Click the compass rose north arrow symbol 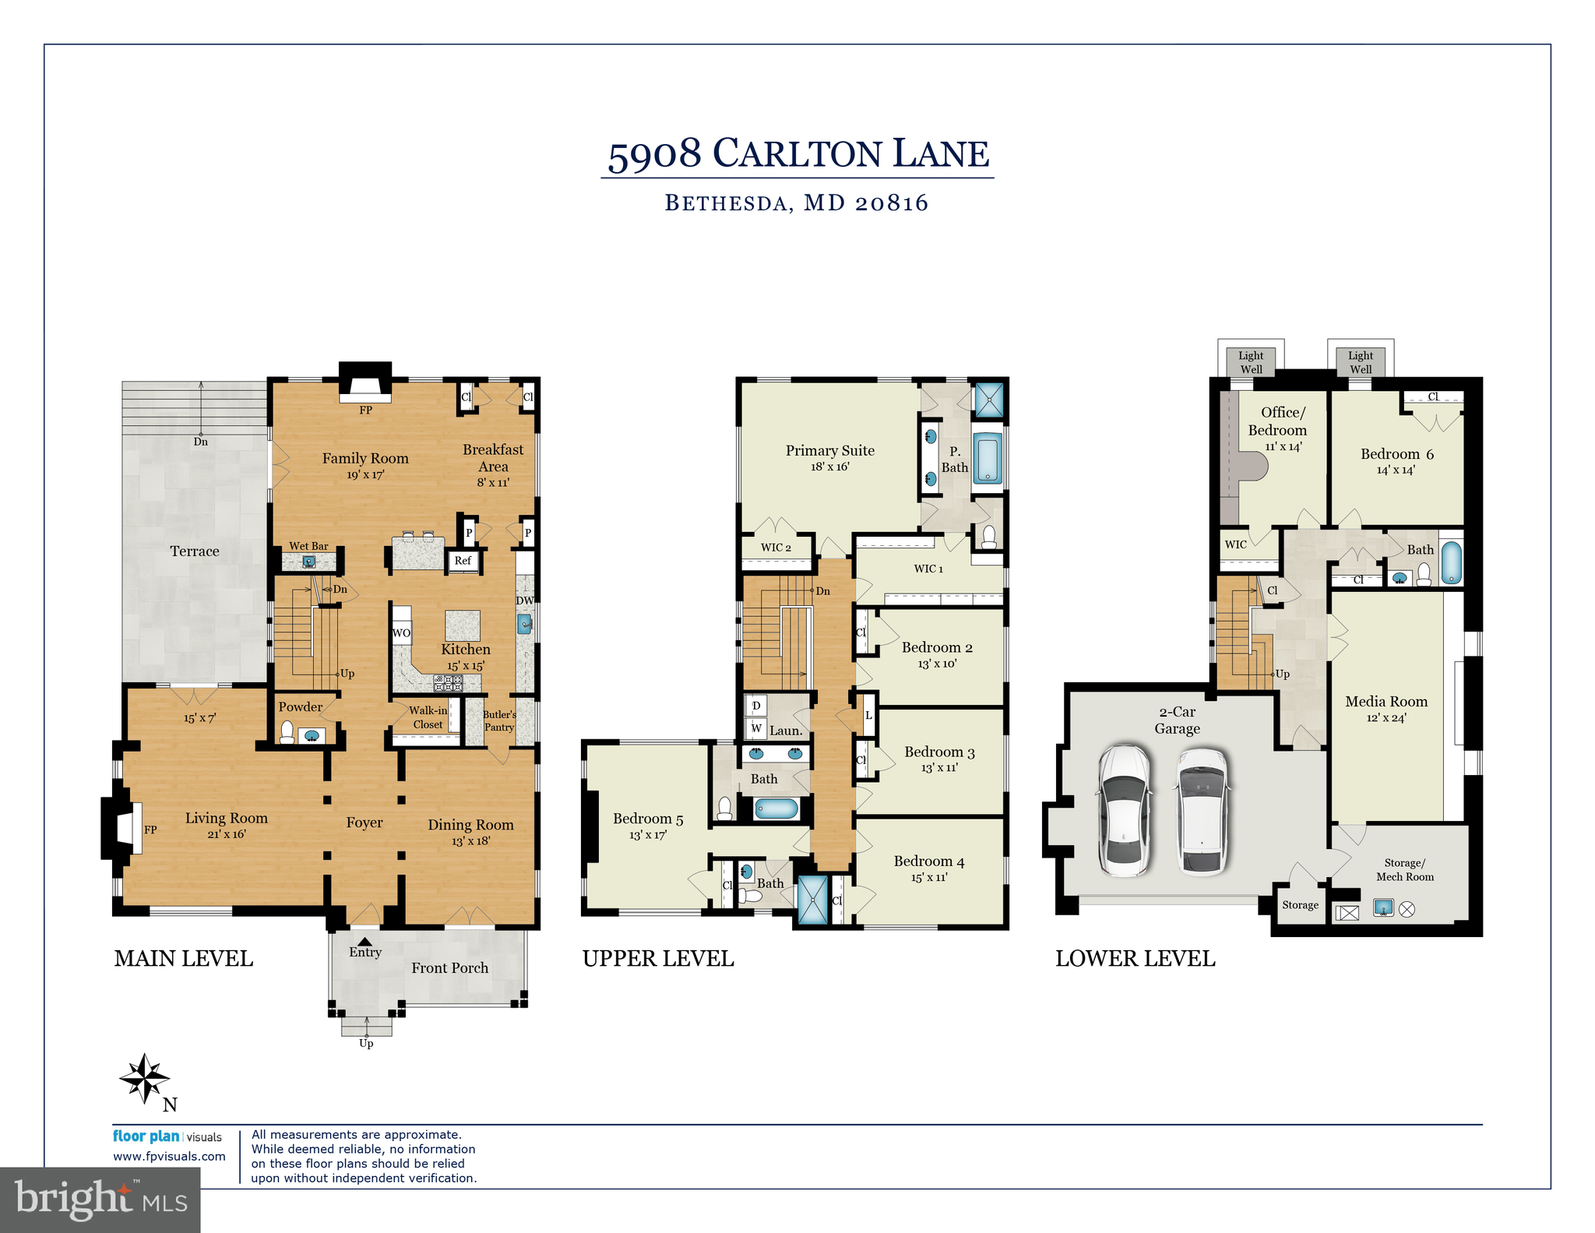(x=145, y=1079)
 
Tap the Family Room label (x=365, y=459)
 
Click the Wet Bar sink (x=309, y=562)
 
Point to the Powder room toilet (x=287, y=732)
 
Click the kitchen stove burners (x=449, y=684)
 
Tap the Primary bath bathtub (x=988, y=458)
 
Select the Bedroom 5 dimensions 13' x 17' (x=647, y=835)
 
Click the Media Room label (x=1386, y=701)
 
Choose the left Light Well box (x=1251, y=362)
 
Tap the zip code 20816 (x=891, y=203)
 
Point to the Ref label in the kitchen (x=463, y=560)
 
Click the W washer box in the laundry (x=755, y=728)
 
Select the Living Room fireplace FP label (x=150, y=830)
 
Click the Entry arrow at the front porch (x=364, y=942)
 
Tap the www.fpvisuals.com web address (x=169, y=1156)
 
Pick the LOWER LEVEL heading (x=1135, y=959)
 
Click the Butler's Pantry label (x=498, y=720)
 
